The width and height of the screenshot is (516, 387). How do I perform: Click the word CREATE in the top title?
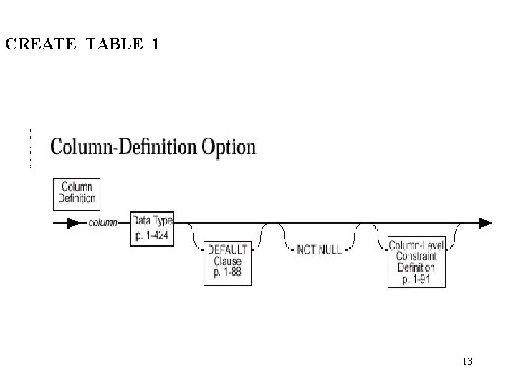pyautogui.click(x=39, y=44)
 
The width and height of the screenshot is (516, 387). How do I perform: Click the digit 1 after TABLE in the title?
pyautogui.click(x=156, y=44)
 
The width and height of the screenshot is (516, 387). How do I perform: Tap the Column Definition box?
pyautogui.click(x=77, y=193)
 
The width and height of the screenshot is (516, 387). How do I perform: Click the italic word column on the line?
pyautogui.click(x=103, y=223)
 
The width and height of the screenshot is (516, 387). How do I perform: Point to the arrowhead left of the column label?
pyautogui.click(x=72, y=223)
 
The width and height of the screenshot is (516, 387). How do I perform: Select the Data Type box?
pyautogui.click(x=152, y=227)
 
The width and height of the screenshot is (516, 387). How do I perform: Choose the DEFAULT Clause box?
pyautogui.click(x=228, y=262)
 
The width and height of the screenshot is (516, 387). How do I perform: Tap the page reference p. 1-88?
pyautogui.click(x=228, y=273)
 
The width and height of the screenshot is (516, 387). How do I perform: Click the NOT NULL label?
pyautogui.click(x=319, y=250)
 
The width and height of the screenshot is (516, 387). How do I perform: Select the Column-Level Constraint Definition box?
pyautogui.click(x=416, y=262)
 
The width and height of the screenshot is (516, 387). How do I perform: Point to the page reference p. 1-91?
pyautogui.click(x=416, y=279)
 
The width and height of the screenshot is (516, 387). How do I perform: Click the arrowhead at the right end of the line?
pyautogui.click(x=485, y=223)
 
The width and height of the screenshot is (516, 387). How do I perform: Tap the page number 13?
pyautogui.click(x=467, y=361)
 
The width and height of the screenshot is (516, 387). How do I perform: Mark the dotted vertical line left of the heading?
pyautogui.click(x=31, y=148)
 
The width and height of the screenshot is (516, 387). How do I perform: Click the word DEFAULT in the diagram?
pyautogui.click(x=228, y=249)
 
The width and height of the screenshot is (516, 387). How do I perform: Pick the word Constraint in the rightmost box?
pyautogui.click(x=416, y=257)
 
